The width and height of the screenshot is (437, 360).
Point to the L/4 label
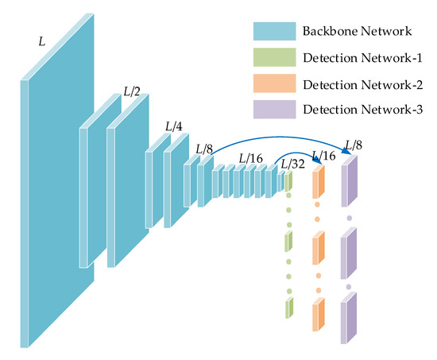173,126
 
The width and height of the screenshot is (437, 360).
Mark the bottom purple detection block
349,319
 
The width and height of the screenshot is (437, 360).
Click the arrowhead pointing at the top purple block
347,158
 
